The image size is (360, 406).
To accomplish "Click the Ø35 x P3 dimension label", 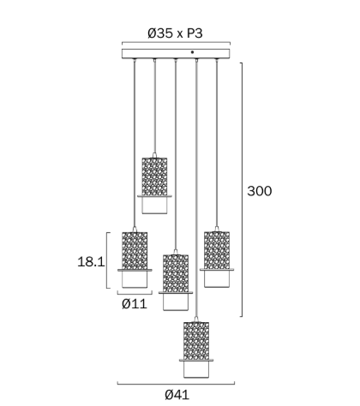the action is pos(175,33).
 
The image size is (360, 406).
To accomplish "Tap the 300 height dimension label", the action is pos(260,191).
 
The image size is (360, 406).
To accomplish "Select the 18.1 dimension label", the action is pos(91,261).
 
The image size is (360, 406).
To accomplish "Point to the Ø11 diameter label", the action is pos(135,303).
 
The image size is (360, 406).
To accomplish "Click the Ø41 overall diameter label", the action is pos(177,395).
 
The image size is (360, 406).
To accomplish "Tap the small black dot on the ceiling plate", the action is pos(192,52).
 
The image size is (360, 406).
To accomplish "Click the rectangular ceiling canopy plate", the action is pos(176,54).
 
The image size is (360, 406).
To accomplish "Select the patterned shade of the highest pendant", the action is pos(154,176).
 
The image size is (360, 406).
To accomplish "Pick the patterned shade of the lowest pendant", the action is pos(196,341).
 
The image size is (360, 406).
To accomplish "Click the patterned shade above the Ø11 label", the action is pos(135,251).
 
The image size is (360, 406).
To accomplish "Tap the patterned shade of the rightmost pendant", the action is pos(217,250).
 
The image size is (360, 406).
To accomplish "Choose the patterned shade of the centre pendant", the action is pos(176,273).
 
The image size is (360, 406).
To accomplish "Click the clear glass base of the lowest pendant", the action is pos(196,369).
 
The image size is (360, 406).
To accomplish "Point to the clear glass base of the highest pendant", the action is pos(154,206).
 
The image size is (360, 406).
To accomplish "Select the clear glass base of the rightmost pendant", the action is pos(217,278).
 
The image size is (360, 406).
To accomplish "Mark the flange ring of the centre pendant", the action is pos(176,293).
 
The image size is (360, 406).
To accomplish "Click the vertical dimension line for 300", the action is pos(243,189).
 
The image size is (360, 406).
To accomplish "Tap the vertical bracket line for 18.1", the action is pos(107,260).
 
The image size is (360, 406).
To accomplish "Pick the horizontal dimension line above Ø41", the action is pos(176,384).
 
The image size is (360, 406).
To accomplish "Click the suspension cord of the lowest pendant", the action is pos(196,188).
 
